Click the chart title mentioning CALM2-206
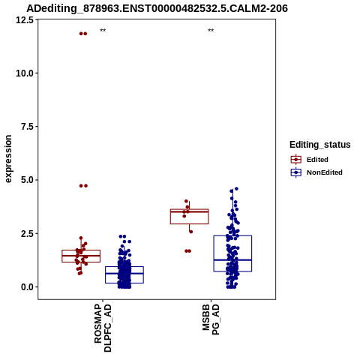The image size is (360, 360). point(157,8)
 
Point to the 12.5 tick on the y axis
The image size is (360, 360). point(25,19)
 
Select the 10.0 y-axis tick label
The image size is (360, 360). point(25,73)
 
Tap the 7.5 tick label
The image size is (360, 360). point(28,127)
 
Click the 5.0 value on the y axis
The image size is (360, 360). point(28,180)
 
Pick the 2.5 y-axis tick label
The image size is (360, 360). point(28,233)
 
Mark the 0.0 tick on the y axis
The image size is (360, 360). point(28,287)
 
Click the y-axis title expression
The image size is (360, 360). point(8,159)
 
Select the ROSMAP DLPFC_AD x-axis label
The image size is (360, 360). point(103,328)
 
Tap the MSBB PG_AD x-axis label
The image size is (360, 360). point(211,319)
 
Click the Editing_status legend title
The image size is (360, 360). point(320,145)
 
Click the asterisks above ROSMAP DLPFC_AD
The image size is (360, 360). point(103,31)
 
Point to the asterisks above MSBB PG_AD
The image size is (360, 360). point(211,31)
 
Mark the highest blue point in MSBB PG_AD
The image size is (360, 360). point(236,189)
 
